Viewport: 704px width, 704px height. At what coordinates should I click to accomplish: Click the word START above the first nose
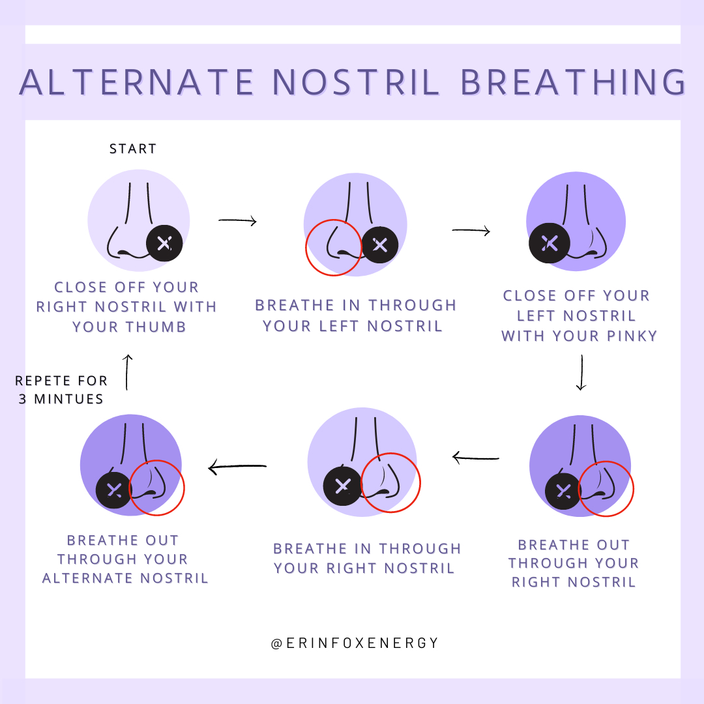[133, 149]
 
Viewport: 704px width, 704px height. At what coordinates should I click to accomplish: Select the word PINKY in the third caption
[632, 336]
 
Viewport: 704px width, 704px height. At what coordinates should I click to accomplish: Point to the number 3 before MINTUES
[22, 399]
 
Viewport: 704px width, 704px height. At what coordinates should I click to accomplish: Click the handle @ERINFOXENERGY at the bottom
[355, 643]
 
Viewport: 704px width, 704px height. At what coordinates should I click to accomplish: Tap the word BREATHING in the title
[573, 82]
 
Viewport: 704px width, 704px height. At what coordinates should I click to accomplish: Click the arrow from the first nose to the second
[237, 221]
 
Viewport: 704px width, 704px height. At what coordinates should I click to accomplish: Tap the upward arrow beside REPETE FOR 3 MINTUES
[128, 372]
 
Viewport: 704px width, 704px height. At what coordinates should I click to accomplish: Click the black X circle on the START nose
[164, 244]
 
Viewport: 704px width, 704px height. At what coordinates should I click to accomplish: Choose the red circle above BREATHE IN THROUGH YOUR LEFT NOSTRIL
[334, 248]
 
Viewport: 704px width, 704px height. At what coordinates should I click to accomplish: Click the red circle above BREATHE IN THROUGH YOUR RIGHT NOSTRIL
[390, 482]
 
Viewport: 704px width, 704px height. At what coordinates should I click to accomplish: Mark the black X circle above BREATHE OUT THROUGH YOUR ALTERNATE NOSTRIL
[114, 490]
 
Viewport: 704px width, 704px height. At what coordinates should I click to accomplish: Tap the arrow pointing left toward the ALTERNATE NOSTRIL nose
[237, 467]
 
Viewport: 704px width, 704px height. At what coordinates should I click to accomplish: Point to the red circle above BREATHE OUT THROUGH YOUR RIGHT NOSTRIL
[606, 489]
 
